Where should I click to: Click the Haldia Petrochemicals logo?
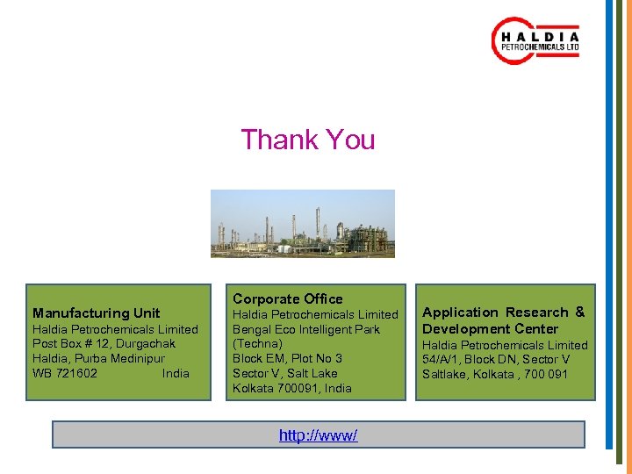pyautogui.click(x=535, y=41)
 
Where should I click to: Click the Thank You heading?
pyautogui.click(x=308, y=140)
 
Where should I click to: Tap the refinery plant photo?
pyautogui.click(x=303, y=224)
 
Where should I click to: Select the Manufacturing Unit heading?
pyautogui.click(x=97, y=312)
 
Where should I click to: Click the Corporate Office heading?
pyautogui.click(x=288, y=298)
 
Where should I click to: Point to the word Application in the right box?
pyautogui.click(x=460, y=312)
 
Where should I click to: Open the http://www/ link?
pyautogui.click(x=318, y=435)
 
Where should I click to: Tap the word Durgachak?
pyautogui.click(x=142, y=343)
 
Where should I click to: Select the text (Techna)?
pyautogui.click(x=257, y=343)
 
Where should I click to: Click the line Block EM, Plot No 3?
pyautogui.click(x=287, y=358)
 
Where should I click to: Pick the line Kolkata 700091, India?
pyautogui.click(x=292, y=388)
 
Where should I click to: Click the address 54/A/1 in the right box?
pyautogui.click(x=440, y=359)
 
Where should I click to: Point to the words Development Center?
pyautogui.click(x=491, y=328)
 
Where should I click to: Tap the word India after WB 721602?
pyautogui.click(x=176, y=373)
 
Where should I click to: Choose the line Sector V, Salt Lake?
pyautogui.click(x=284, y=373)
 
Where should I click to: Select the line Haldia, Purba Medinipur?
pyautogui.click(x=98, y=358)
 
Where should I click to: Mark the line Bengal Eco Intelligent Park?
pyautogui.click(x=306, y=329)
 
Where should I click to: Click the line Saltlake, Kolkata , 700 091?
pyautogui.click(x=495, y=374)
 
